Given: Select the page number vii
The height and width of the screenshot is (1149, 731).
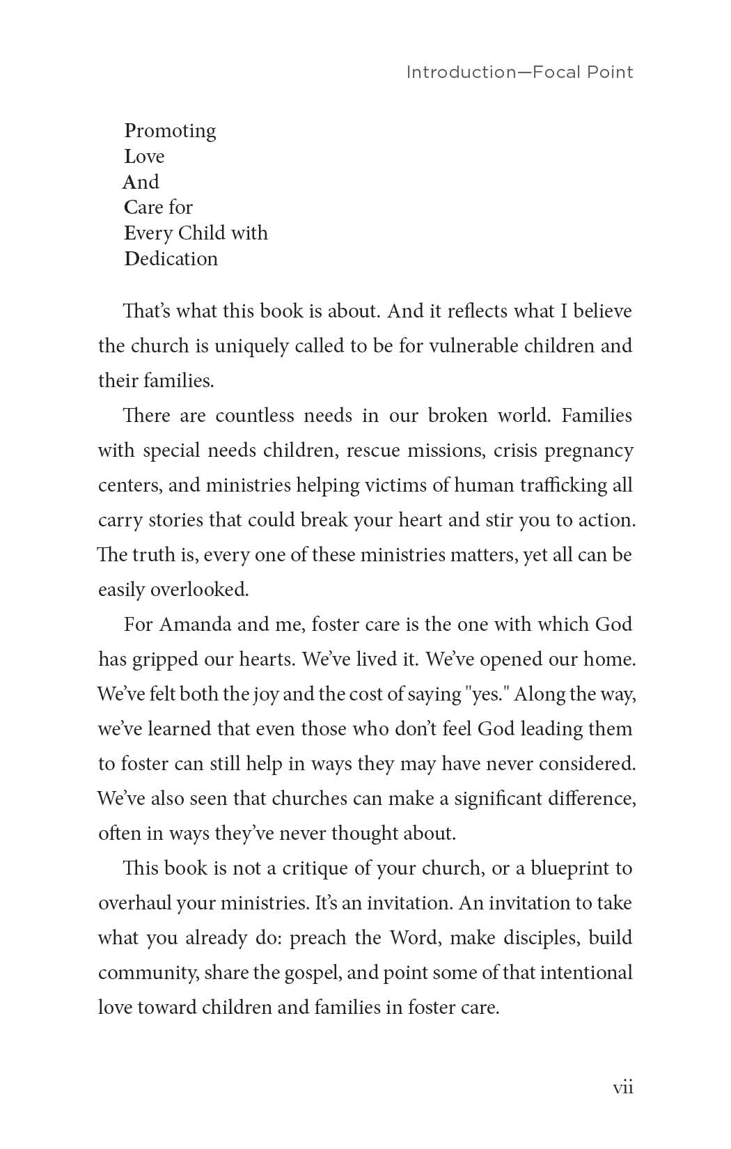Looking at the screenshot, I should pyautogui.click(x=622, y=1088).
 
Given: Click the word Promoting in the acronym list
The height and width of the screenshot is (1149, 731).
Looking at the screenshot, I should pyautogui.click(x=170, y=131).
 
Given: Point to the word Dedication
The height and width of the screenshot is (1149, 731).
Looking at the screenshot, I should pyautogui.click(x=171, y=259).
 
